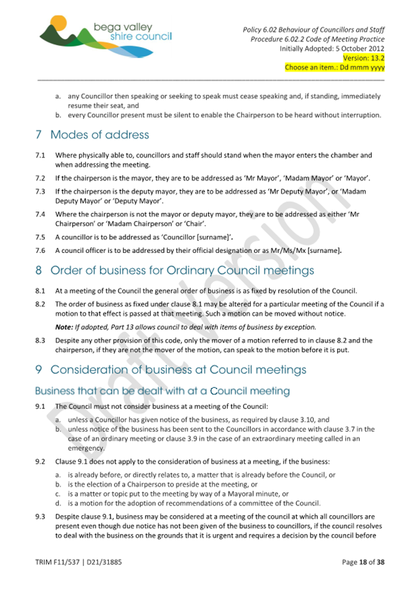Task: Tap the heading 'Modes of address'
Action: [x=99, y=135]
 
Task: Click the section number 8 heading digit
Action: [x=39, y=271]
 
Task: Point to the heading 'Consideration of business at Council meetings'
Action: [x=178, y=370]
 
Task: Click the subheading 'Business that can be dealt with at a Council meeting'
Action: [x=163, y=391]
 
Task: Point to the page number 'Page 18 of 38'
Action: [x=363, y=562]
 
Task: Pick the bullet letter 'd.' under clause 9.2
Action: [x=58, y=503]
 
